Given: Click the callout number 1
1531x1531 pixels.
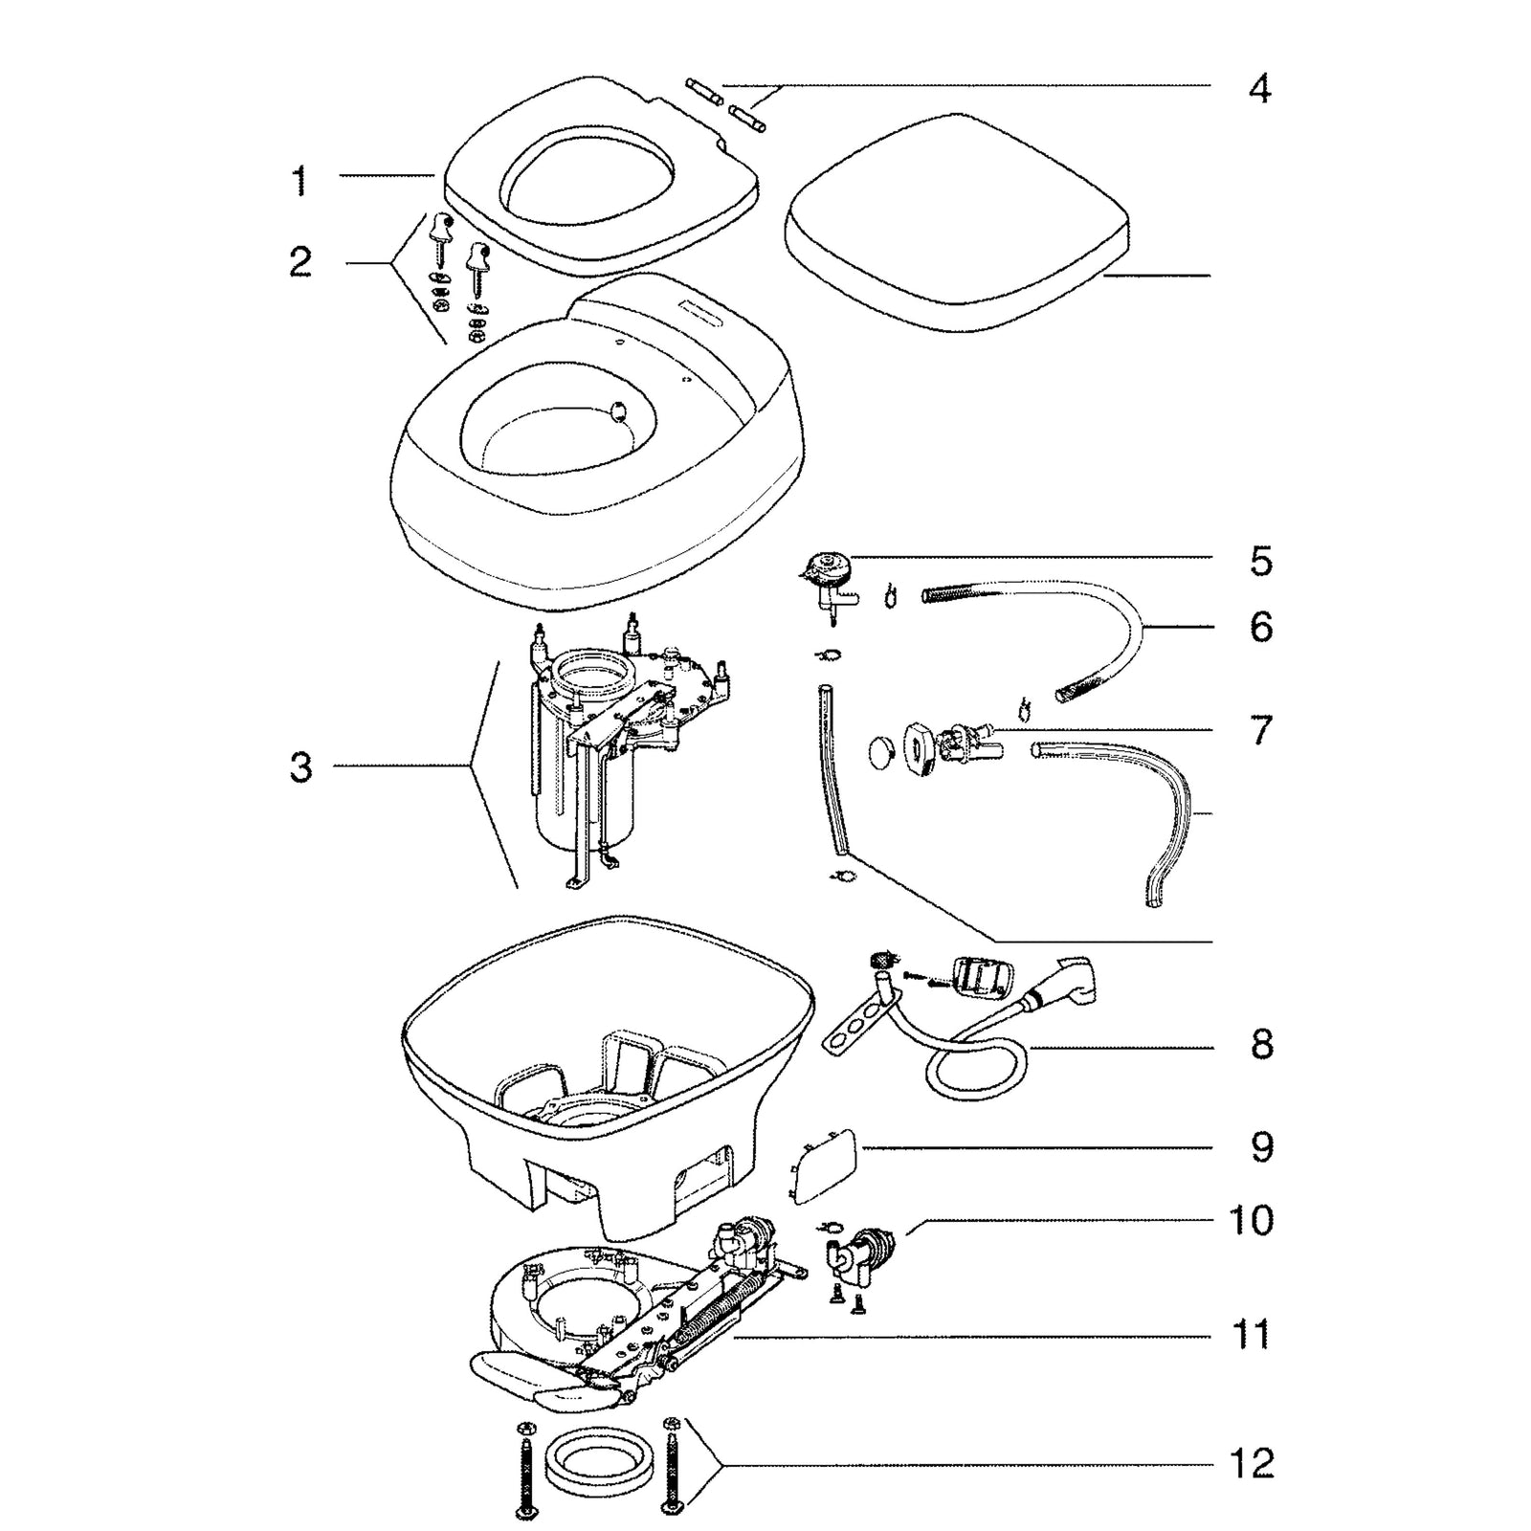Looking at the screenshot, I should (x=300, y=180).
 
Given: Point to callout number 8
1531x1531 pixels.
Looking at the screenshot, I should (x=1261, y=1043).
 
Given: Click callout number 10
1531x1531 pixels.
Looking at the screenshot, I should (x=1250, y=1220).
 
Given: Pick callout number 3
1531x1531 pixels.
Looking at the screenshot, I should (x=300, y=766).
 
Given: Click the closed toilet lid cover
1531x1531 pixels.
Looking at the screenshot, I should (x=957, y=230).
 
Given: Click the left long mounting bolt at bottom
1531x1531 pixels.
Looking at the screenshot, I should (x=525, y=1469).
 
